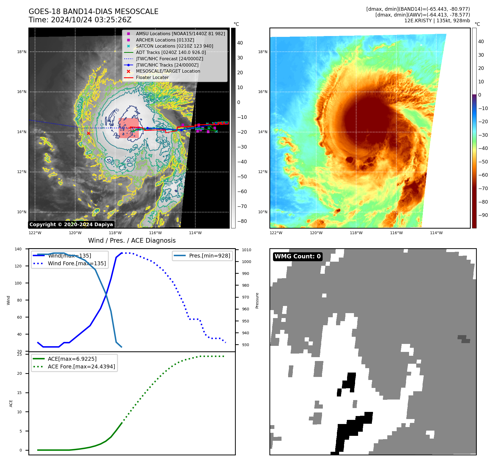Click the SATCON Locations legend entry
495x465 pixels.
174,46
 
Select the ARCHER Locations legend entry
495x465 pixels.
165,40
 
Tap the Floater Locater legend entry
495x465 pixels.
152,78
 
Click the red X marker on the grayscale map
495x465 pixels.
88,133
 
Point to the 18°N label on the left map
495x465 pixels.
22,52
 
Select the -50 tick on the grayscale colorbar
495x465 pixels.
242,177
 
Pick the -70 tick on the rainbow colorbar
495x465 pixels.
483,188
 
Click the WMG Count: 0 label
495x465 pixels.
297,256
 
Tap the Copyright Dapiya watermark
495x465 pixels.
71,225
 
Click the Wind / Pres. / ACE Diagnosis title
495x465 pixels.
132,240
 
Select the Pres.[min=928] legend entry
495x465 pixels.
209,256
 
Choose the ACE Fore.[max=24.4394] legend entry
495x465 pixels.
81,366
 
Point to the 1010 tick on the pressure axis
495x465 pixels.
247,250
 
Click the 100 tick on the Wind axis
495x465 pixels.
18,283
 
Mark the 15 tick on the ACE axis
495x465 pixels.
19,393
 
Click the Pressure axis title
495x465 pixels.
257,300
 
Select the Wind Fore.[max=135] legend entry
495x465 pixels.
77,263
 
